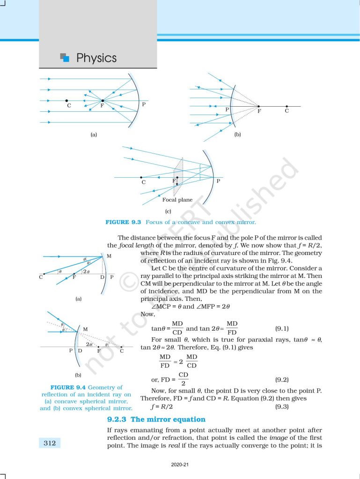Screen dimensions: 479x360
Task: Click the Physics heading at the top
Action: [96, 58]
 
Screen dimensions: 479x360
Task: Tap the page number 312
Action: [49, 442]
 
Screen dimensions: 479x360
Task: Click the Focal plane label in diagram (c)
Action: [177, 200]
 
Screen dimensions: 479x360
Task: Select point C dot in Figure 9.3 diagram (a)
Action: [67, 101]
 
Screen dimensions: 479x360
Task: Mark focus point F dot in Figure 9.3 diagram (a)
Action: [103, 101]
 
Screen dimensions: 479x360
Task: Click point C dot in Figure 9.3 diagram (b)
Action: [287, 106]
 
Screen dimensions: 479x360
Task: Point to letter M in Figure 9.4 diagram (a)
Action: [109, 256]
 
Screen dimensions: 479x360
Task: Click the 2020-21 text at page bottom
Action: [180, 465]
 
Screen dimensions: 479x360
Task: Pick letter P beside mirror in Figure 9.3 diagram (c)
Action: [218, 181]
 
